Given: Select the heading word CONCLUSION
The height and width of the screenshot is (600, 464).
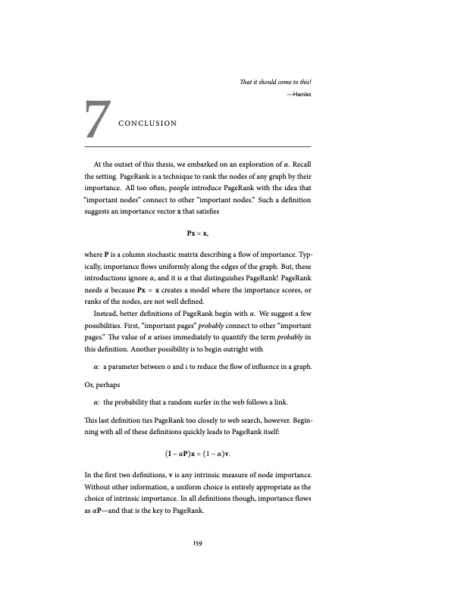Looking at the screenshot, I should tap(148, 123).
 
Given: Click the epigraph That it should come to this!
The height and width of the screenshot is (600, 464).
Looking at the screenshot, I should tap(276, 82).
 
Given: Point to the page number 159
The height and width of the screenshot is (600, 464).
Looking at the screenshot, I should tap(197, 542).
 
